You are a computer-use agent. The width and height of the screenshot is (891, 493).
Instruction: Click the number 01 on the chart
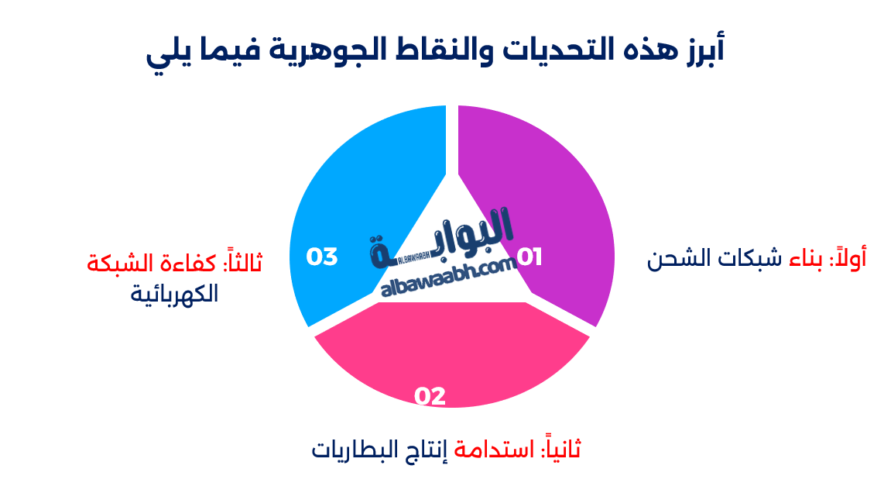(529, 257)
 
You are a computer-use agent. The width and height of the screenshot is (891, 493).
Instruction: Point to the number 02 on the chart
(430, 396)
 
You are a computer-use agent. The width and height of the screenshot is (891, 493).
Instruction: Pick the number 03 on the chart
(322, 257)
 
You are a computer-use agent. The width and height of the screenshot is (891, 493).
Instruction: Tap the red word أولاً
(848, 258)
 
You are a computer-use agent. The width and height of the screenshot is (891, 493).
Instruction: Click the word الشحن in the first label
(677, 258)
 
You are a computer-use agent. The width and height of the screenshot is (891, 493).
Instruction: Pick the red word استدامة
(495, 448)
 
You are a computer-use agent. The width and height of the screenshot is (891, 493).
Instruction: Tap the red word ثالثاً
(242, 262)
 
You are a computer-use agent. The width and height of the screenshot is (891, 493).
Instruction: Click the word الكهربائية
(174, 294)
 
